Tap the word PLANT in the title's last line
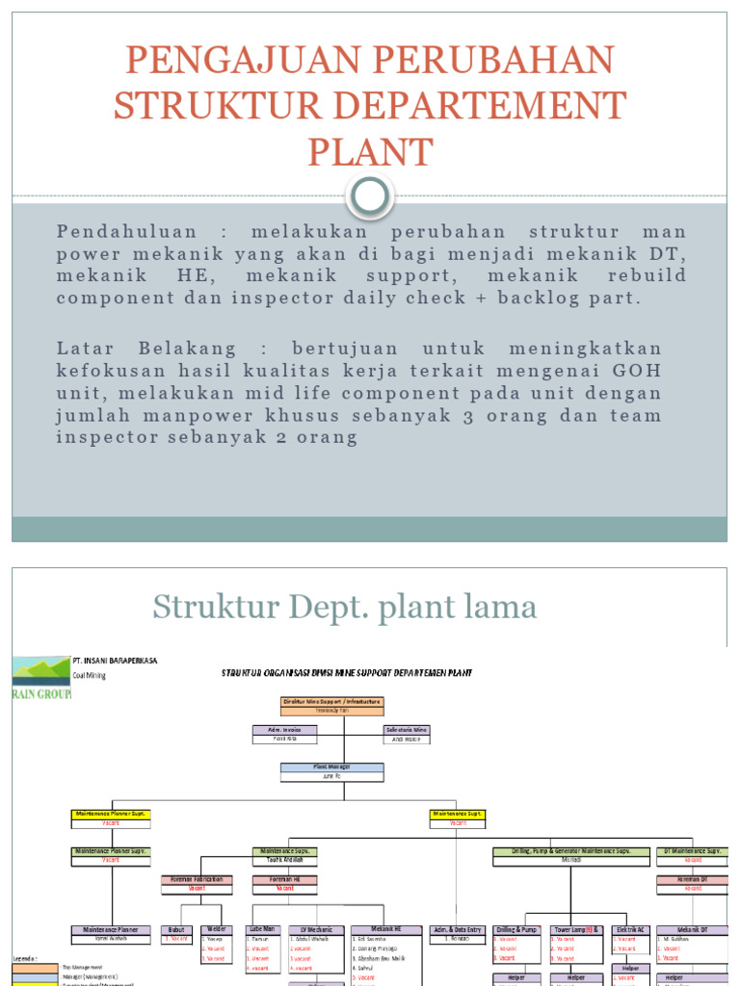[370, 152]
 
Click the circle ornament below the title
[370, 196]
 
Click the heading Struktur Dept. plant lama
[344, 607]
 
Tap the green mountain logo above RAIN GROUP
[40, 669]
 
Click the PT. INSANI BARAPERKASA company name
[115, 662]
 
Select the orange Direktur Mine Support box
[332, 702]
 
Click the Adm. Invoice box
[278, 730]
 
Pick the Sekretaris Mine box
[406, 730]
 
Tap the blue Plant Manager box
[332, 767]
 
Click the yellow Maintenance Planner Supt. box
[111, 814]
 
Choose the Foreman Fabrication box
[197, 879]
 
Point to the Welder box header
[216, 929]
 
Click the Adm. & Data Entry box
[457, 929]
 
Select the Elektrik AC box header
[630, 929]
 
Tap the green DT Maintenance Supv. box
[694, 851]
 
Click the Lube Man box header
[261, 929]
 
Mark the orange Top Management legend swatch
[35, 967]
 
